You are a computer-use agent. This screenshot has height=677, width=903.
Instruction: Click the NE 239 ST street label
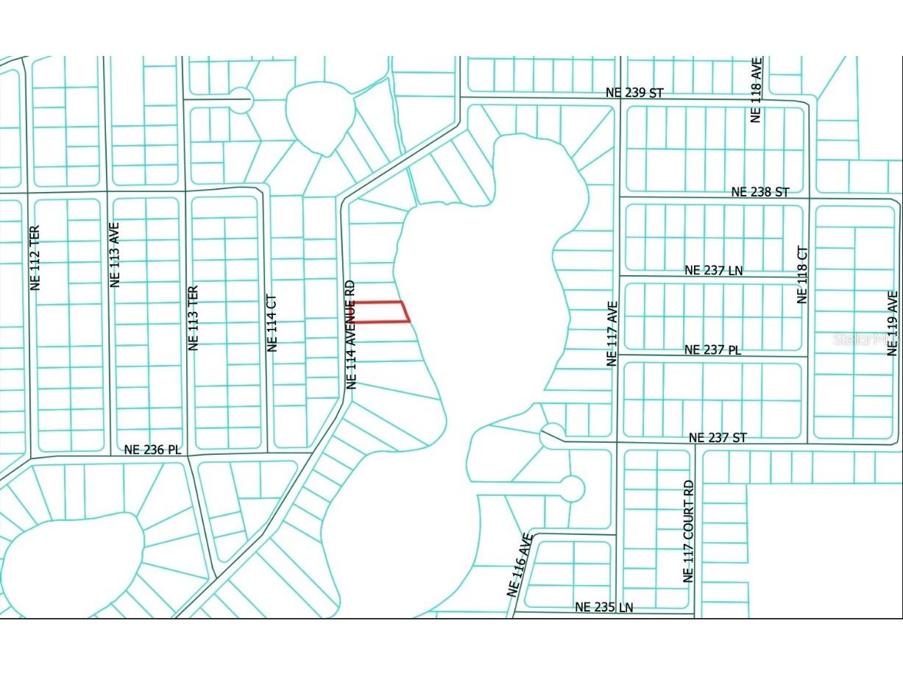click(x=634, y=93)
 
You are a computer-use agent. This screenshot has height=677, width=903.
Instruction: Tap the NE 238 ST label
click(x=760, y=192)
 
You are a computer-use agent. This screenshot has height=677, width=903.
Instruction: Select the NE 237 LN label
click(x=713, y=271)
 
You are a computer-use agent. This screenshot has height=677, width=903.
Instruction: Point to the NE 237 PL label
click(x=712, y=350)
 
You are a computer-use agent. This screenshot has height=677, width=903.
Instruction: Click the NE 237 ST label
click(x=718, y=438)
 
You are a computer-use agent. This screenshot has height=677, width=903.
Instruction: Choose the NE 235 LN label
click(x=603, y=608)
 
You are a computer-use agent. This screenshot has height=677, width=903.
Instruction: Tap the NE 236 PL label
click(x=152, y=450)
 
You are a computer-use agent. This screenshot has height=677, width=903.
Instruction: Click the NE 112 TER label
click(x=35, y=257)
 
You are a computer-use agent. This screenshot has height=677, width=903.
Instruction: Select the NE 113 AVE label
click(x=114, y=254)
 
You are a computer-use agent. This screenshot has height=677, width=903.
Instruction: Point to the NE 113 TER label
click(x=194, y=318)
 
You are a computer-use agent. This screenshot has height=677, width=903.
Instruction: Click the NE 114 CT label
click(x=272, y=323)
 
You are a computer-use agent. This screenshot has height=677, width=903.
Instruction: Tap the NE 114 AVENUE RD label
click(x=351, y=334)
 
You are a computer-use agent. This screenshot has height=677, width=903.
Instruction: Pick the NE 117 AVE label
click(x=611, y=333)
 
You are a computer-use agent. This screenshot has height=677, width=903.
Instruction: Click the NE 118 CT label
click(x=802, y=274)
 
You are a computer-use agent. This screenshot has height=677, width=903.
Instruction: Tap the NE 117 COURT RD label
click(x=688, y=532)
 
